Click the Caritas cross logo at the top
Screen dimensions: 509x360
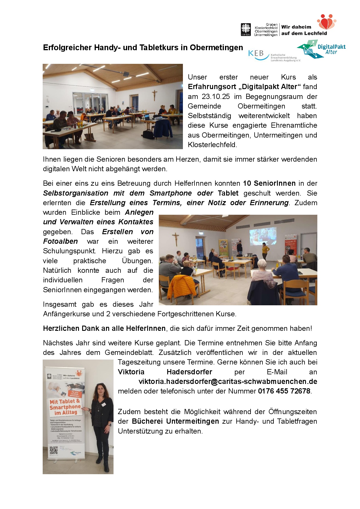pyautogui.click(x=246, y=29)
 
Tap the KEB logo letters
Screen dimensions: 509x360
pyautogui.click(x=256, y=54)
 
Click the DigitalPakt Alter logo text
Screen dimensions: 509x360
pyautogui.click(x=331, y=49)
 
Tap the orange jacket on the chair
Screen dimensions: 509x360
pyautogui.click(x=182, y=286)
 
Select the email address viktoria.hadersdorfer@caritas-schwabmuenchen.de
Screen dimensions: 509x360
pyautogui.click(x=228, y=382)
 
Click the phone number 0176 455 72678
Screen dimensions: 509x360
pyautogui.click(x=284, y=391)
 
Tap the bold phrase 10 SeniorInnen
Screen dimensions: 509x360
pyautogui.click(x=269, y=183)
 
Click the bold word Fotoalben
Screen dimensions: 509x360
pyautogui.click(x=60, y=241)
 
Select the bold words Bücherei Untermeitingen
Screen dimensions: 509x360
pyautogui.click(x=175, y=421)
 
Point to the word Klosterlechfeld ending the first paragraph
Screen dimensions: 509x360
pyautogui.click(x=212, y=145)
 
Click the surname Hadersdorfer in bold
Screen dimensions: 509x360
pyautogui.click(x=189, y=372)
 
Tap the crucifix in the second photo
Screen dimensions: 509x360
pyautogui.click(x=175, y=239)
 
